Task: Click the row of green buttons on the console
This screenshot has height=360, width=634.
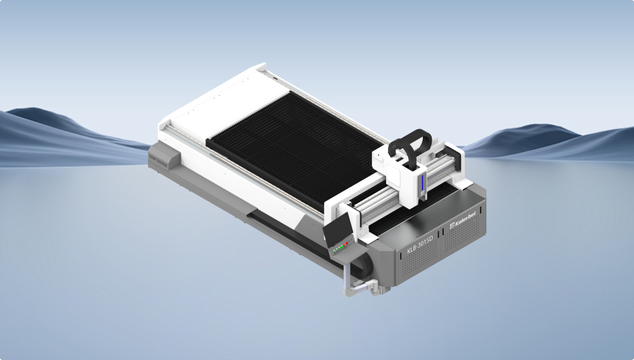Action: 339,248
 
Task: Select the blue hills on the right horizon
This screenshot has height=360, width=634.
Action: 539,143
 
